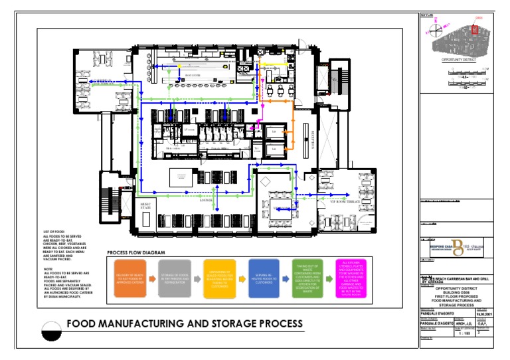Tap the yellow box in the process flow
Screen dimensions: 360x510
pos(219,278)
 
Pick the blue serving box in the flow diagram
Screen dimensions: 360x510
pos(263,278)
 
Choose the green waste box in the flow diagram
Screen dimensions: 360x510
pos(308,278)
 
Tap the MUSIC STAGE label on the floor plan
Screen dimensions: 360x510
pos(146,207)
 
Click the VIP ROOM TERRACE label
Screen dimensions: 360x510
pos(345,200)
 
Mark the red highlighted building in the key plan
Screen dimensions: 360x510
pos(475,30)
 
